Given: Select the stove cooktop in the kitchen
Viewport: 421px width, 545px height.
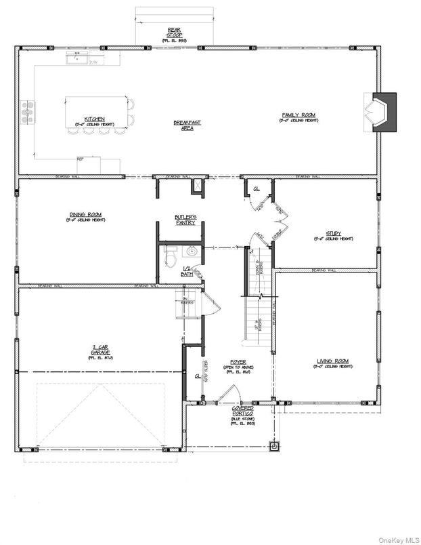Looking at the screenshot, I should (x=28, y=113).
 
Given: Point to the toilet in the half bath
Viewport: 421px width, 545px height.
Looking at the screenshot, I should (x=171, y=257).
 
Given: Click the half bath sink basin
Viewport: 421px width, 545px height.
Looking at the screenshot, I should (x=192, y=251).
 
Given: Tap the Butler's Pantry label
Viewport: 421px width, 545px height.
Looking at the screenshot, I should (x=185, y=220).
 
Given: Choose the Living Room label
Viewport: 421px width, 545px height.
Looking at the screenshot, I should (x=332, y=363).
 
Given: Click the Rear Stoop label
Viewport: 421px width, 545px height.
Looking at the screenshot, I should (x=174, y=33).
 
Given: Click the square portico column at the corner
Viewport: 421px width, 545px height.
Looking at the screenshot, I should (x=273, y=447).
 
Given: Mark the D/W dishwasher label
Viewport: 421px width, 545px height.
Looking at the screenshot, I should (x=94, y=62).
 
